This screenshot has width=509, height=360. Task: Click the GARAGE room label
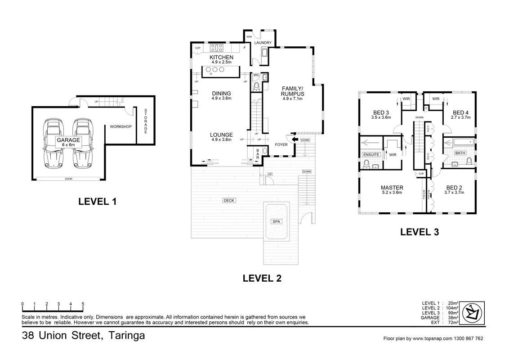click(68, 140)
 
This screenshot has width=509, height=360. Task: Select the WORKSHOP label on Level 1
click(121, 126)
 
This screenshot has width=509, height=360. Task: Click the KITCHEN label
click(221, 57)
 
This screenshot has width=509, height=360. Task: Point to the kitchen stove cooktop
click(217, 48)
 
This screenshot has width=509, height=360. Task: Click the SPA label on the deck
click(276, 221)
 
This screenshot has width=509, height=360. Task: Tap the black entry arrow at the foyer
click(295, 139)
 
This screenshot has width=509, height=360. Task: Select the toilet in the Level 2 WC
click(256, 86)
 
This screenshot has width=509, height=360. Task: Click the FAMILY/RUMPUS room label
click(292, 91)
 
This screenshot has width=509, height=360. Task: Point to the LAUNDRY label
click(263, 43)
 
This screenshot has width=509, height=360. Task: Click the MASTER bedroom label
click(392, 188)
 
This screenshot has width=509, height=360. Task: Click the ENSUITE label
click(371, 155)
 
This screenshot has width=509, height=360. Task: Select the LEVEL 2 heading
click(262, 278)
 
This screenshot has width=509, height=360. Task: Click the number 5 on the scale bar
click(83, 304)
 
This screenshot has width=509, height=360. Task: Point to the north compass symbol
click(473, 313)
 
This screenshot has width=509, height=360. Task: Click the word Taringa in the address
click(126, 335)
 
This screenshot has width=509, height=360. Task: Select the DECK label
click(229, 200)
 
